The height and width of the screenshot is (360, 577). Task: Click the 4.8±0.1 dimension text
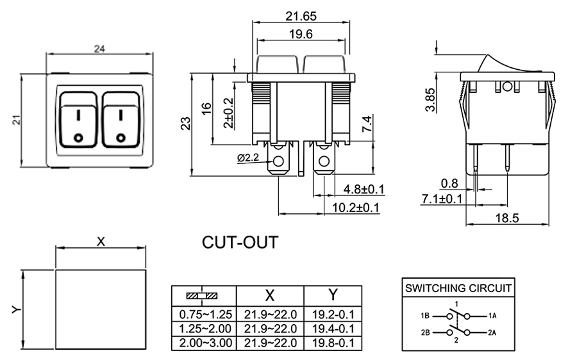click(x=364, y=189)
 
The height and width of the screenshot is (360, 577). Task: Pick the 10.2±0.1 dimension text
click(x=356, y=208)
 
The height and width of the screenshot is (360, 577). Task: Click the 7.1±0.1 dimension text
click(x=442, y=199)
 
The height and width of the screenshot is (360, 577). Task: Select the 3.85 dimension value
click(x=431, y=99)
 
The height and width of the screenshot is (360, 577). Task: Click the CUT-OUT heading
click(x=240, y=243)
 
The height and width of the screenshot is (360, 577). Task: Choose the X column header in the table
click(x=270, y=295)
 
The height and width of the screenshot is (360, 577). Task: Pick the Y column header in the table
click(x=333, y=295)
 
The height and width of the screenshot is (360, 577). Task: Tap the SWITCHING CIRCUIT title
click(x=458, y=288)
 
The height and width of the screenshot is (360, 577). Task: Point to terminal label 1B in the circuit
click(x=425, y=316)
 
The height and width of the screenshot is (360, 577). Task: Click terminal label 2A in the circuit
click(x=492, y=332)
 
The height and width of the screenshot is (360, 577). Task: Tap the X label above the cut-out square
click(x=101, y=241)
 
